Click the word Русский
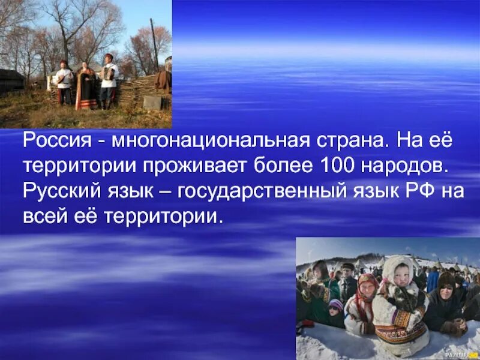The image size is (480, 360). coord(58,191)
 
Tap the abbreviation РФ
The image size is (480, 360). coord(410,191)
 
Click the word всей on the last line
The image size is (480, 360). coord(43,215)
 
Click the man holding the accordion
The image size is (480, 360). coord(108,81)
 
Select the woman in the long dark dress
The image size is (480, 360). coord(86,87)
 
